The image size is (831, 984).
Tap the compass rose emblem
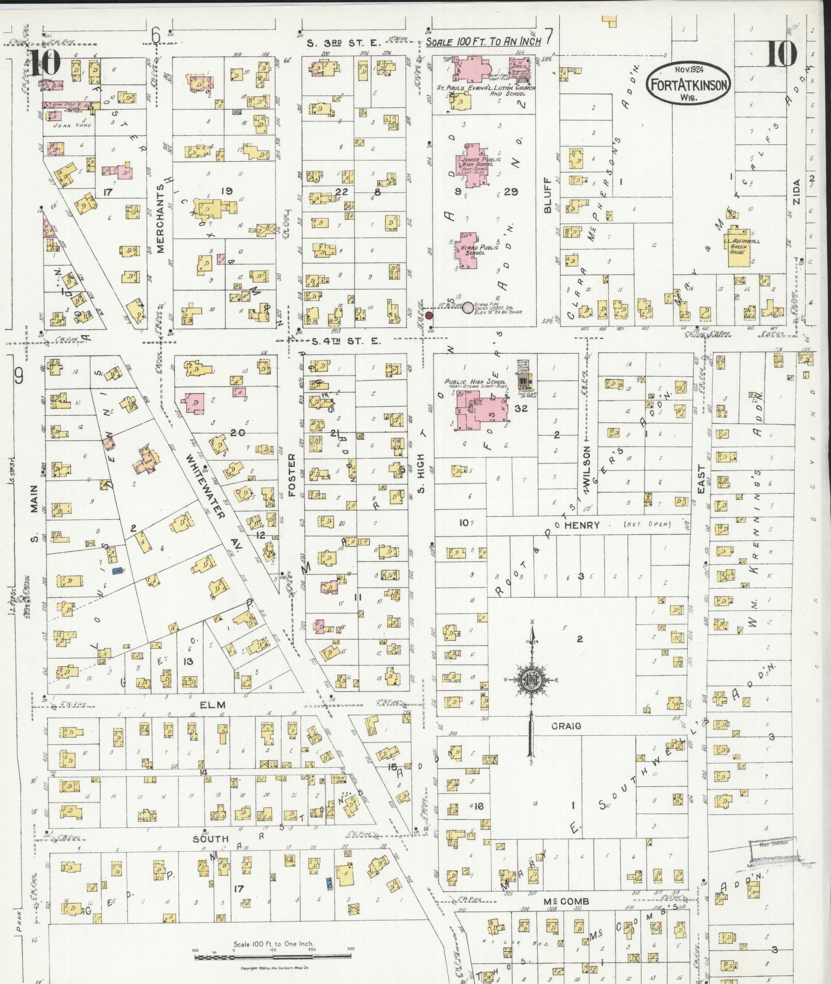531,680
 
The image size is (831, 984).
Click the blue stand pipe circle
468,308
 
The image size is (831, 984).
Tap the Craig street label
565,726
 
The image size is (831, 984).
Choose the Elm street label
213,705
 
